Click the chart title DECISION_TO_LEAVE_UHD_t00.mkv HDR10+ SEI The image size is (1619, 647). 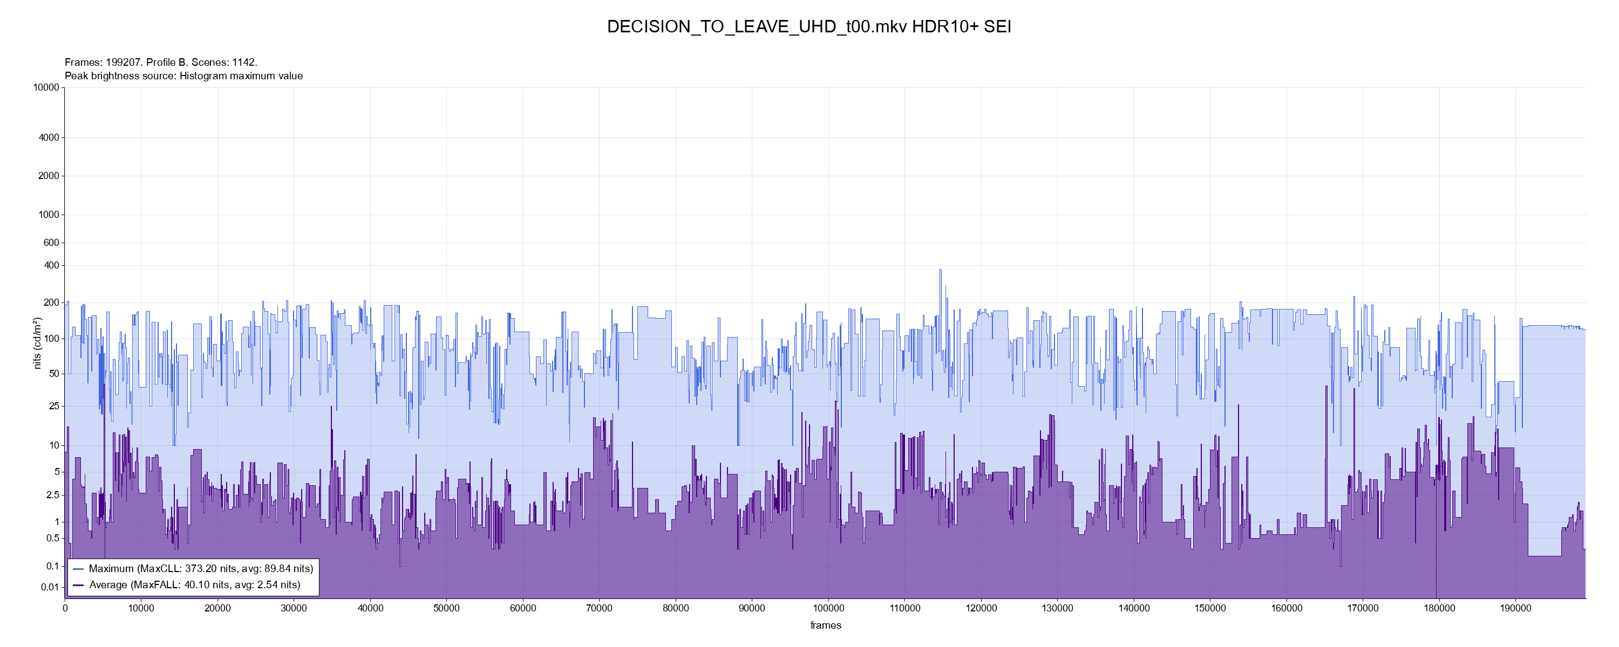809,27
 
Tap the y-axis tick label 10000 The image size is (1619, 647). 46,87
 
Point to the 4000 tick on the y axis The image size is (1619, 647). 49,137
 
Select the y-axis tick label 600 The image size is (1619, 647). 51,243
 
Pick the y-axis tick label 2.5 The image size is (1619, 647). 52,495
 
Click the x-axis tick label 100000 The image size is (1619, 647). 828,608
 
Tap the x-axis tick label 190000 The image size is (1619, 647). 1515,608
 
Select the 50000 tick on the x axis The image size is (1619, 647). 446,608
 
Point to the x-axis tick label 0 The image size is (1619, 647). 65,608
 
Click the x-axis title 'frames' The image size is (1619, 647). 825,625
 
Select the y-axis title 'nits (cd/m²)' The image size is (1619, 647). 37,343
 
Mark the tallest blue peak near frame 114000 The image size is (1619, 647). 940,270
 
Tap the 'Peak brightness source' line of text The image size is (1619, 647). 183,76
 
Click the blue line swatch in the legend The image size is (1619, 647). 79,568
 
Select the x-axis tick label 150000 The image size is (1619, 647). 1210,608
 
